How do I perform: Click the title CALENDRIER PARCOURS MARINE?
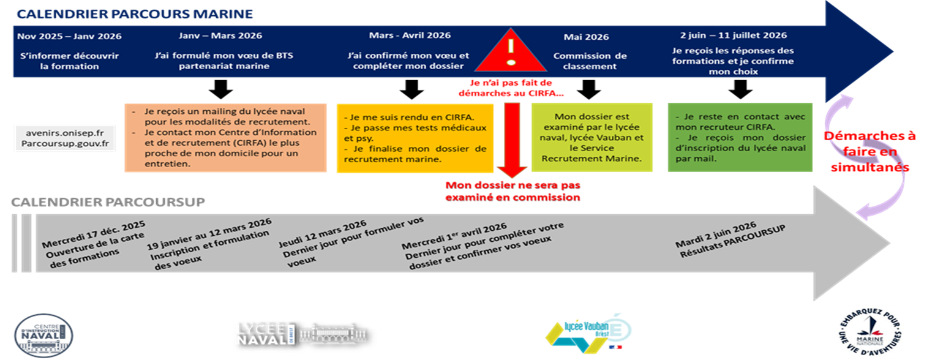coord(135,13)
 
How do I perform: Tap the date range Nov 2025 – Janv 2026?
coord(69,36)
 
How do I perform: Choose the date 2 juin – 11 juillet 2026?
coord(733,36)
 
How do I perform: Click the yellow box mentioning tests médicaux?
coord(415,138)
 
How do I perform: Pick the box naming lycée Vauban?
coord(591,137)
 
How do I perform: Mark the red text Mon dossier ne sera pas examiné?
coord(512,190)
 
